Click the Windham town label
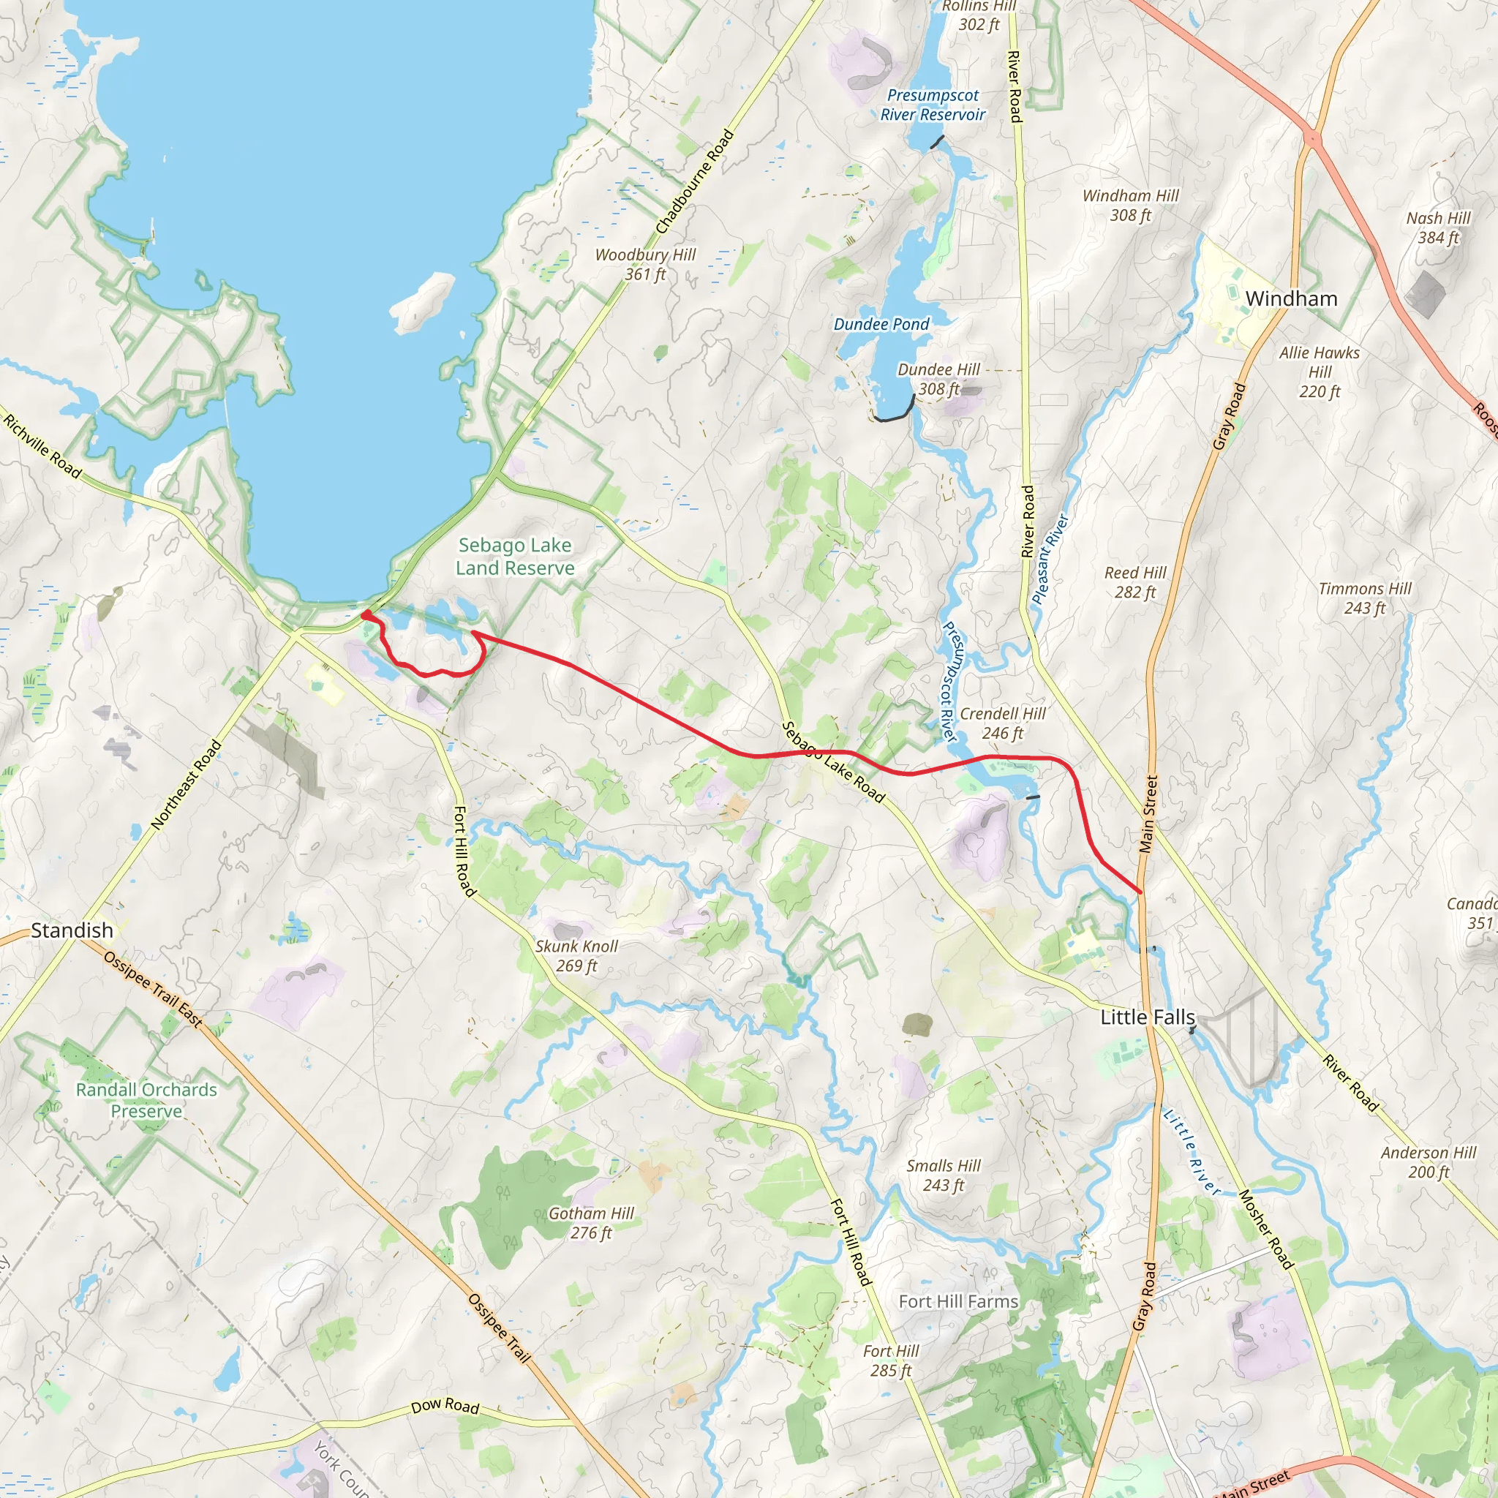pyautogui.click(x=1291, y=298)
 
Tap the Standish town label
pyautogui.click(x=72, y=930)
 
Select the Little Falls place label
pyautogui.click(x=1148, y=1017)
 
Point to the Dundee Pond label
pyautogui.click(x=881, y=324)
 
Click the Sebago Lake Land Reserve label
pyautogui.click(x=515, y=557)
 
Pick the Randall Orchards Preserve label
pyautogui.click(x=146, y=1100)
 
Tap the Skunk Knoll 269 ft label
pyautogui.click(x=577, y=955)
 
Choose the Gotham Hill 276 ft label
pyautogui.click(x=591, y=1223)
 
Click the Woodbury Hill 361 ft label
pyautogui.click(x=645, y=264)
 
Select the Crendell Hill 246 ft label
pyautogui.click(x=1003, y=723)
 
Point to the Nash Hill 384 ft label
pyautogui.click(x=1438, y=228)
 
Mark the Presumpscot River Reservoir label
pyautogui.click(x=933, y=105)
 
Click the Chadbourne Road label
pyautogui.click(x=695, y=182)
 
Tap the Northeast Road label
pyautogui.click(x=186, y=786)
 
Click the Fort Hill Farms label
pyautogui.click(x=958, y=1302)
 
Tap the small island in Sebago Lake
pyautogui.click(x=422, y=301)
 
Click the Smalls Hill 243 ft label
pyautogui.click(x=943, y=1175)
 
